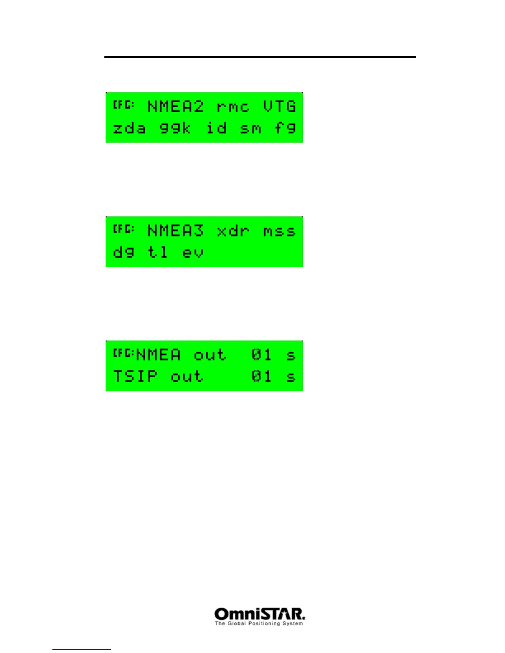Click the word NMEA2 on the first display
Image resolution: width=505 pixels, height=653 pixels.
pos(176,107)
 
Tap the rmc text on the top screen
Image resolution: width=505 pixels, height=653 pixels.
pos(233,107)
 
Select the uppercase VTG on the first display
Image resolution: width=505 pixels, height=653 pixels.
pos(280,107)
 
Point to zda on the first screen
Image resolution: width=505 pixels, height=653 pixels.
pos(130,128)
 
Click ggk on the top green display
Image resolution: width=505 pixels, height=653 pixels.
pos(175,129)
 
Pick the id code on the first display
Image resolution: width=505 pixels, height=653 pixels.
pos(217,128)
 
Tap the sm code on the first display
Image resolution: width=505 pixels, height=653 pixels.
pos(251,129)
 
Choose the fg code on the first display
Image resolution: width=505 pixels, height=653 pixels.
pos(285,128)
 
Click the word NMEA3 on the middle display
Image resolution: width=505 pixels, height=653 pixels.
pos(176,230)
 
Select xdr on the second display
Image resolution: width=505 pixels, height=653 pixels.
pos(233,231)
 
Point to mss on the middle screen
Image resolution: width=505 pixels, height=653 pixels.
pos(280,231)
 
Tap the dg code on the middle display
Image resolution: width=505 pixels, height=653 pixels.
pos(124,252)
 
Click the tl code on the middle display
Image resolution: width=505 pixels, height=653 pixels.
pos(158,251)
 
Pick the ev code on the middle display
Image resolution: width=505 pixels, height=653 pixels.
pos(193,252)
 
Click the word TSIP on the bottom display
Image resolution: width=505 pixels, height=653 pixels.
pos(135,376)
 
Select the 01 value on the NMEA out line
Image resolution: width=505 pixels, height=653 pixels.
pos(262,355)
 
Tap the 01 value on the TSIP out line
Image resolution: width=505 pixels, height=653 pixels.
pos(262,376)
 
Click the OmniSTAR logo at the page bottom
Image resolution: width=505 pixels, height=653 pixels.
pos(260,614)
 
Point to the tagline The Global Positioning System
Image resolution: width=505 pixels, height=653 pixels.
pos(259,624)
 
